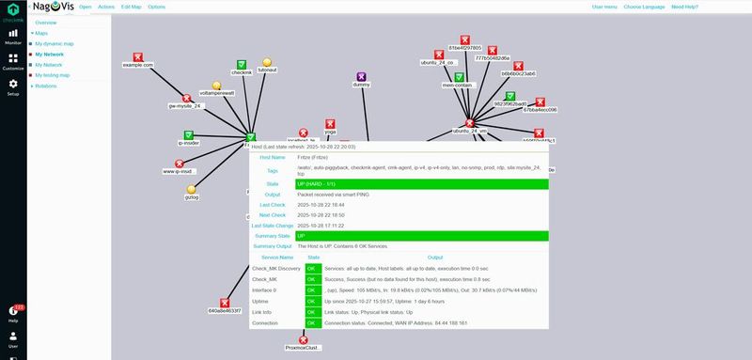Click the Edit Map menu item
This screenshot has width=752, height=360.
pos(132,7)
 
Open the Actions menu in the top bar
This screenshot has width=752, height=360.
pos(107,7)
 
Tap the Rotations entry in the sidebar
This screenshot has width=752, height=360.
pos(46,86)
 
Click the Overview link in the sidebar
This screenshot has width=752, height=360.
pos(46,22)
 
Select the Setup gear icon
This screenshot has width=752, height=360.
pos(13,85)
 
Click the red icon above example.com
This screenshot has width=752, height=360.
pos(138,56)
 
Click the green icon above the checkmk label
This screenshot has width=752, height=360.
pos(242,65)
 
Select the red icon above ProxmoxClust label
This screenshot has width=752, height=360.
pos(303,339)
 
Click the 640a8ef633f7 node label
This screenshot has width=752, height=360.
pos(225,310)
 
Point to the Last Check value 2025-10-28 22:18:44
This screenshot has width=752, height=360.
pos(320,204)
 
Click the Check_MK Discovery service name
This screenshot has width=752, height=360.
pos(276,267)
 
